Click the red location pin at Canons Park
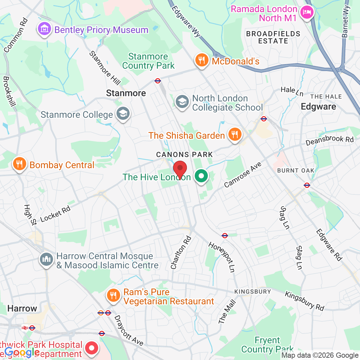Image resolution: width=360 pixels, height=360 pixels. point(180,169)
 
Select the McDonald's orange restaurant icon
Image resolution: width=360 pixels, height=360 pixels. point(202,60)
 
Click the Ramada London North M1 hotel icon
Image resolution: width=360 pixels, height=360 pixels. point(307,13)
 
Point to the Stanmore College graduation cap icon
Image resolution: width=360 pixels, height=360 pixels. point(123,114)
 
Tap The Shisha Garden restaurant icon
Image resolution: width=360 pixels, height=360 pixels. point(234,135)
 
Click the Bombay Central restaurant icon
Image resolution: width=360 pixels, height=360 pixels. point(20,164)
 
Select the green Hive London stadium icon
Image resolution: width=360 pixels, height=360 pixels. point(201,176)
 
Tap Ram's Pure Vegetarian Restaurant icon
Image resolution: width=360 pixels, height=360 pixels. point(113,296)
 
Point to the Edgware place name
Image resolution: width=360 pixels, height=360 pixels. point(318,107)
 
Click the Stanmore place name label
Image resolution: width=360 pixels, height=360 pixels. point(126,93)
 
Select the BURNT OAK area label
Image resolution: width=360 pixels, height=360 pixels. point(296,171)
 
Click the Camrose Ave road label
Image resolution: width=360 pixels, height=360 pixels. point(243,175)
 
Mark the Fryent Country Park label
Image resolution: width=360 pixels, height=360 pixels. point(267,345)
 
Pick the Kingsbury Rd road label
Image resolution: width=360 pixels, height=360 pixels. point(304,301)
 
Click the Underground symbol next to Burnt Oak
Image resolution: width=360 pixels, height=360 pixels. point(307,185)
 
